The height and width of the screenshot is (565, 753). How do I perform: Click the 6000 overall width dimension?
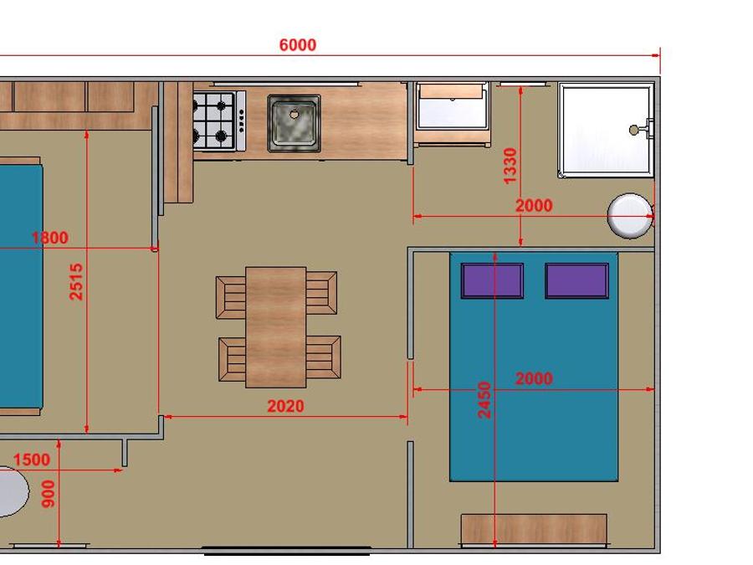(298, 45)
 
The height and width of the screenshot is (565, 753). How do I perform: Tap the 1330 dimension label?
(510, 166)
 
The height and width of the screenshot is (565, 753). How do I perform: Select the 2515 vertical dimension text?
(76, 281)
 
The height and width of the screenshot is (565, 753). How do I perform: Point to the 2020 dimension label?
(286, 407)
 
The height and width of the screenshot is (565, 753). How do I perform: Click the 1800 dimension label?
(50, 238)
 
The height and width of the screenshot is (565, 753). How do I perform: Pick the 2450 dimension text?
(484, 400)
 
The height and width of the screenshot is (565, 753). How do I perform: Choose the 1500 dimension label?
(32, 460)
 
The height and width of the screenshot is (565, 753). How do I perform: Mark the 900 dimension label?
(48, 494)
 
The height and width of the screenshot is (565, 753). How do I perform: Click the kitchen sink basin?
(294, 124)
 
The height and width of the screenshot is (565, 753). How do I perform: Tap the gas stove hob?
(219, 120)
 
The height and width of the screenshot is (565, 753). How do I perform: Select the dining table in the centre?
(275, 327)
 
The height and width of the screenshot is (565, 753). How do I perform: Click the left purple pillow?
(492, 280)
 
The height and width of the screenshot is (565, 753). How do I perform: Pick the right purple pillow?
(576, 280)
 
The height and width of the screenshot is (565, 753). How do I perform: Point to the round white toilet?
(630, 216)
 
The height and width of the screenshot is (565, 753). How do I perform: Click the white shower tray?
(606, 130)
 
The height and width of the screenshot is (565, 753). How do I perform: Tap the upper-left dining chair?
(231, 297)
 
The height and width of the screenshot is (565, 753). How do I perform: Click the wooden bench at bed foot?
(534, 529)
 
